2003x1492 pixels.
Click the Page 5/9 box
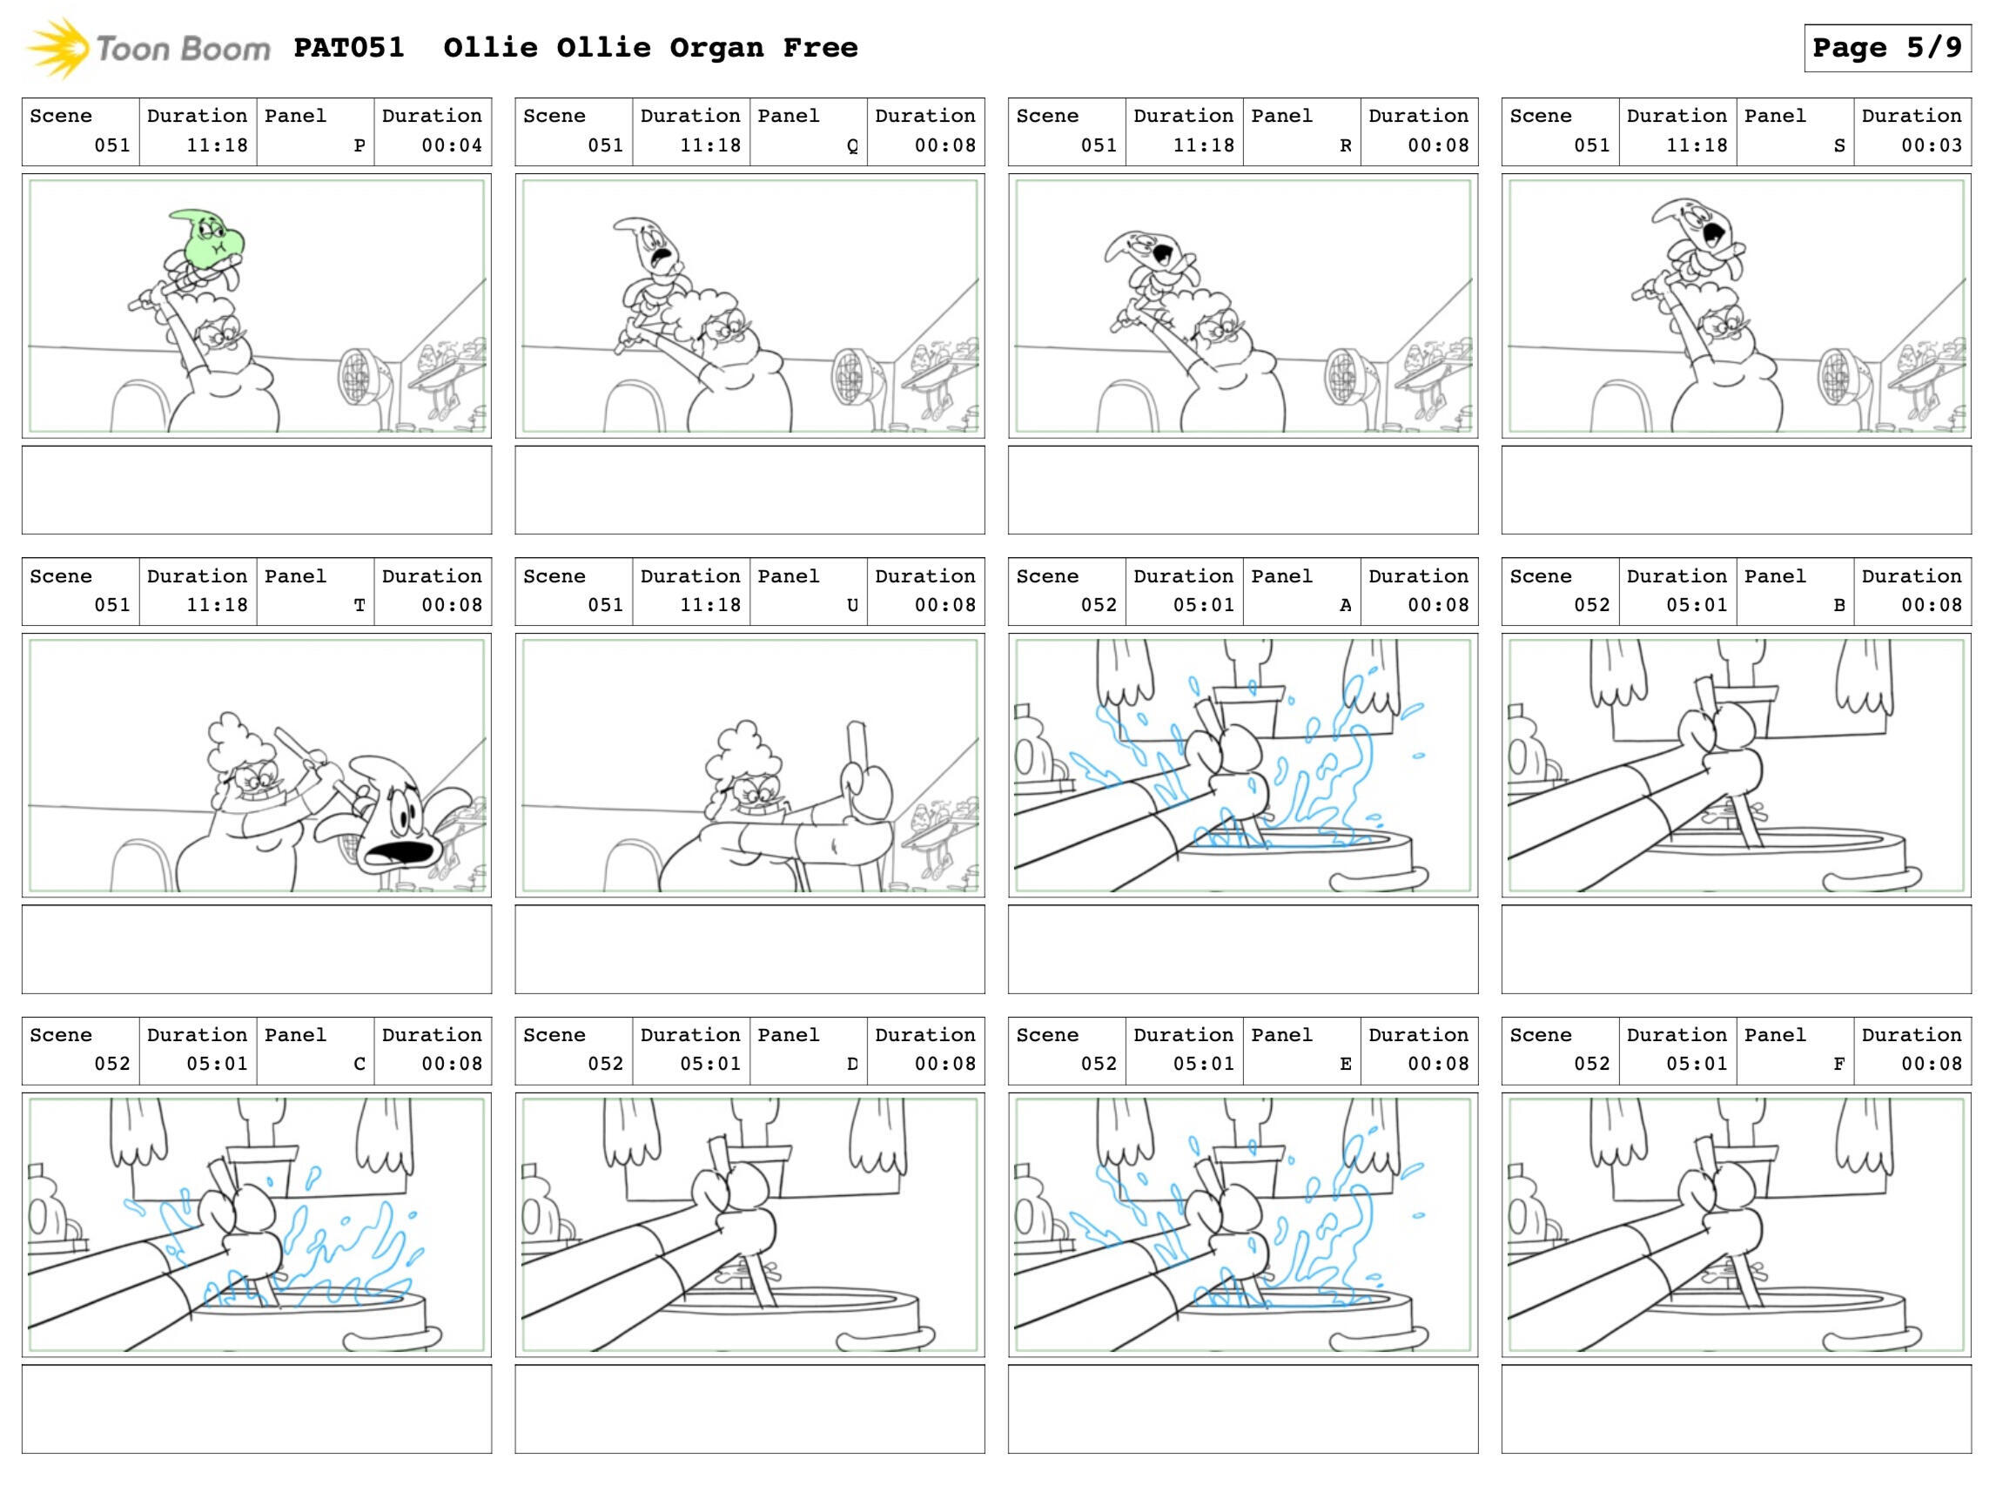[x=1886, y=48]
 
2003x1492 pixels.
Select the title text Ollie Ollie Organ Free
[x=650, y=48]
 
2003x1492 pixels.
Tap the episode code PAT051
[x=348, y=48]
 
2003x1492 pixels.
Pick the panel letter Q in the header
[x=851, y=146]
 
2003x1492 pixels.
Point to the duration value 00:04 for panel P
[x=452, y=145]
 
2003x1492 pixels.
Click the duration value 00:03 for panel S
[x=1932, y=145]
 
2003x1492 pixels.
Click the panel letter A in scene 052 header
[x=1346, y=606]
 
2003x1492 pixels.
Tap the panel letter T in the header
[x=360, y=606]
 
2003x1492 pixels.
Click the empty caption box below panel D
[x=749, y=1409]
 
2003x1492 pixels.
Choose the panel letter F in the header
[x=1838, y=1065]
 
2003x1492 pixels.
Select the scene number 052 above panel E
[x=1099, y=1065]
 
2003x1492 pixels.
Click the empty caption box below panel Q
[x=749, y=489]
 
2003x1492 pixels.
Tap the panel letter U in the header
[x=851, y=606]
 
